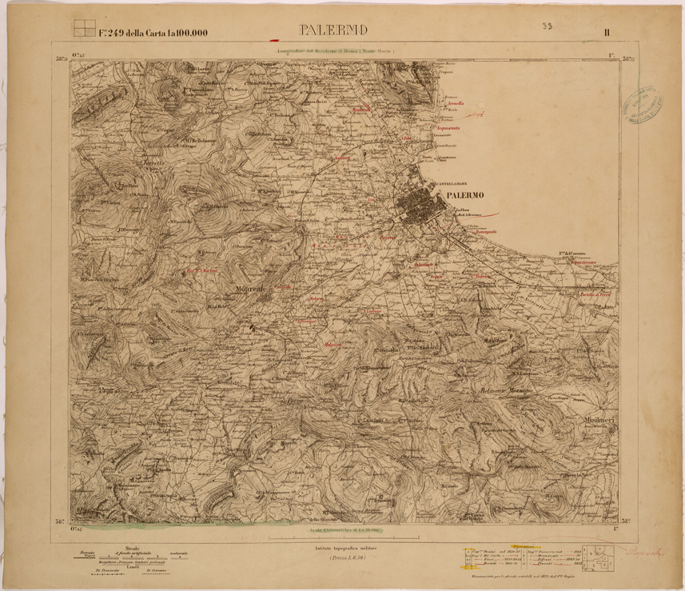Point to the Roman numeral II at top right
point(608,31)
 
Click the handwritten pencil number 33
point(547,26)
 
